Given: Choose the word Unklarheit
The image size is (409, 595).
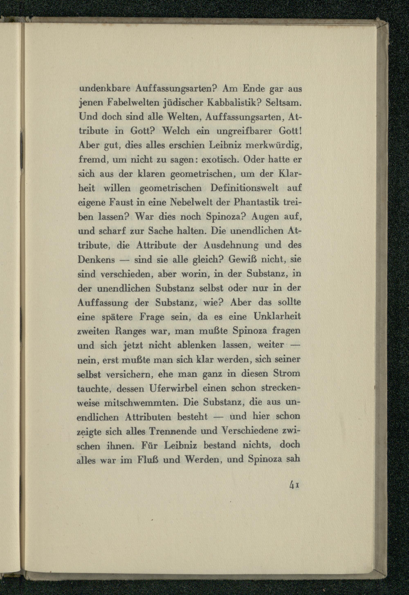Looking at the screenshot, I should pyautogui.click(x=276, y=317).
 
